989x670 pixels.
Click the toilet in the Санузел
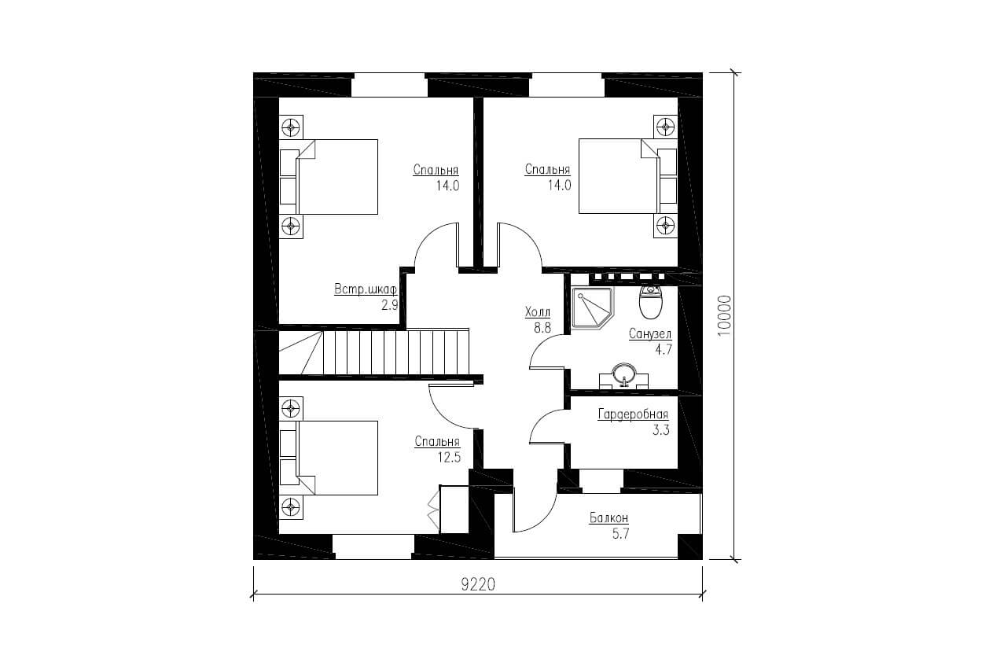651,302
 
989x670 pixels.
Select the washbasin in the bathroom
623,376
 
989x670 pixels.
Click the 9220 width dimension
478,585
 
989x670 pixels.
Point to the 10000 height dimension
725,316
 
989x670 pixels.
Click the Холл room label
538,312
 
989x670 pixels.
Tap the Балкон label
608,517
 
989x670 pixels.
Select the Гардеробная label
633,414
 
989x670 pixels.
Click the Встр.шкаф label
366,289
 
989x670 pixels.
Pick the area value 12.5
449,458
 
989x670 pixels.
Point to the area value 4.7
664,350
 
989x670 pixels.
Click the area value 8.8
542,328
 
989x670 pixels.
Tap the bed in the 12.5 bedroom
329,458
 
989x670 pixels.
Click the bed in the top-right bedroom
628,177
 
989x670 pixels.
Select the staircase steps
374,352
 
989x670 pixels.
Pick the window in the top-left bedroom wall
389,84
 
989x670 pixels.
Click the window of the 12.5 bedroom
374,547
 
